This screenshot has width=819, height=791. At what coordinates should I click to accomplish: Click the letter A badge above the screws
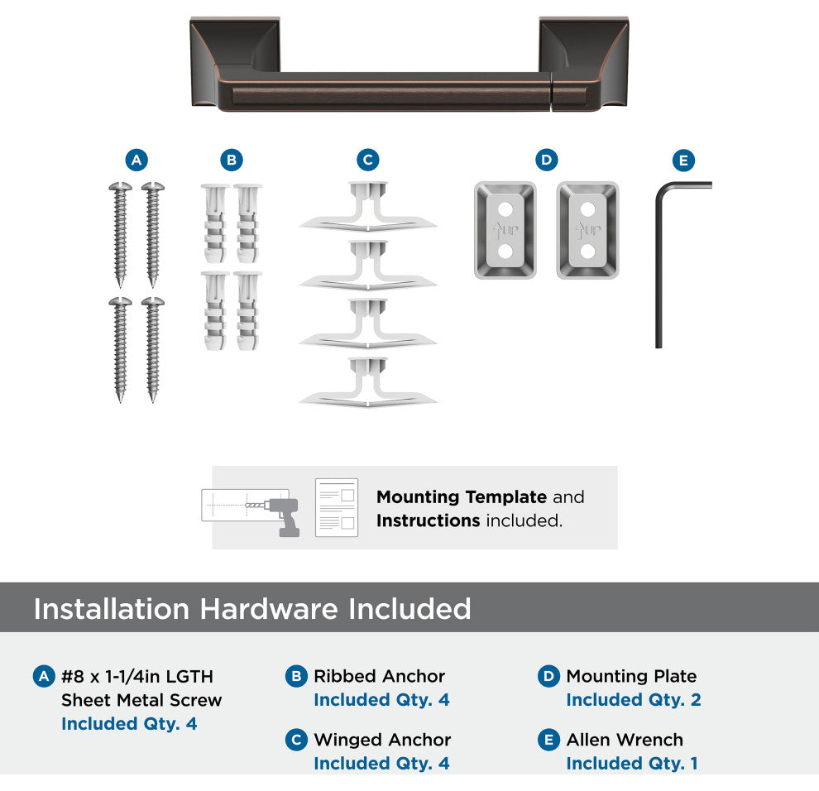click(x=136, y=160)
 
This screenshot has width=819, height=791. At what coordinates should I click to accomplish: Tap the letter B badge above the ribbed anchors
click(x=232, y=160)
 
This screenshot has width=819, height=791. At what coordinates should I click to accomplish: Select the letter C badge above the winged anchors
click(x=367, y=160)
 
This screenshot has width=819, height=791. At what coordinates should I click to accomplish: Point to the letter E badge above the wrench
click(x=683, y=161)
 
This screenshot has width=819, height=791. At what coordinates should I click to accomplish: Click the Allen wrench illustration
click(x=659, y=261)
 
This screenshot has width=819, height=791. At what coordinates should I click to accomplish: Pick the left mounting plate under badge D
click(x=505, y=230)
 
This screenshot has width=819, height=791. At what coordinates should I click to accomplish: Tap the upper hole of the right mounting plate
click(x=588, y=209)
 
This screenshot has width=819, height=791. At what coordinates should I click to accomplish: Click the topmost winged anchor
click(x=367, y=207)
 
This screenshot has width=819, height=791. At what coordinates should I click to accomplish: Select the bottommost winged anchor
click(x=367, y=382)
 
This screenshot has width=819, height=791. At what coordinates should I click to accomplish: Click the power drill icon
click(x=283, y=516)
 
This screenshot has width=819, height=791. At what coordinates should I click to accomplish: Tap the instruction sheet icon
click(x=337, y=507)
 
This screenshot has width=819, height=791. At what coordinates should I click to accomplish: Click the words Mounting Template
click(x=462, y=496)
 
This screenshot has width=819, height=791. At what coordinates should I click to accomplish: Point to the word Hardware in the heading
click(x=269, y=609)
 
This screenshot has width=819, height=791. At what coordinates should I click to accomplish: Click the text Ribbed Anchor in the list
click(x=379, y=676)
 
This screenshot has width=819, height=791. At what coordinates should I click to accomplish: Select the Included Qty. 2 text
click(x=634, y=699)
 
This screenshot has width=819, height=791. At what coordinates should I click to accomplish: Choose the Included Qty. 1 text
click(x=632, y=764)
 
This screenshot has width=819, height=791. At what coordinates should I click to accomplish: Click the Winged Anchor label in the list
click(x=382, y=740)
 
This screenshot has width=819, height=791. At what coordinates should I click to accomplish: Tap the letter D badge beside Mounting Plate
click(x=548, y=677)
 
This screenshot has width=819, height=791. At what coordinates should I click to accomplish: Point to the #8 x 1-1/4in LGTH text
click(x=137, y=677)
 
